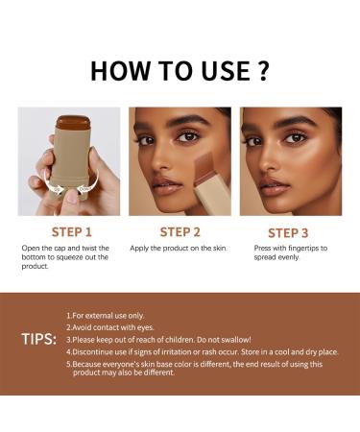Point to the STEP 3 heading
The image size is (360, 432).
[288, 232]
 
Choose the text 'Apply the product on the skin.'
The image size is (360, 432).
[179, 249]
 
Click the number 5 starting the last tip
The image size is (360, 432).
[68, 363]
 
